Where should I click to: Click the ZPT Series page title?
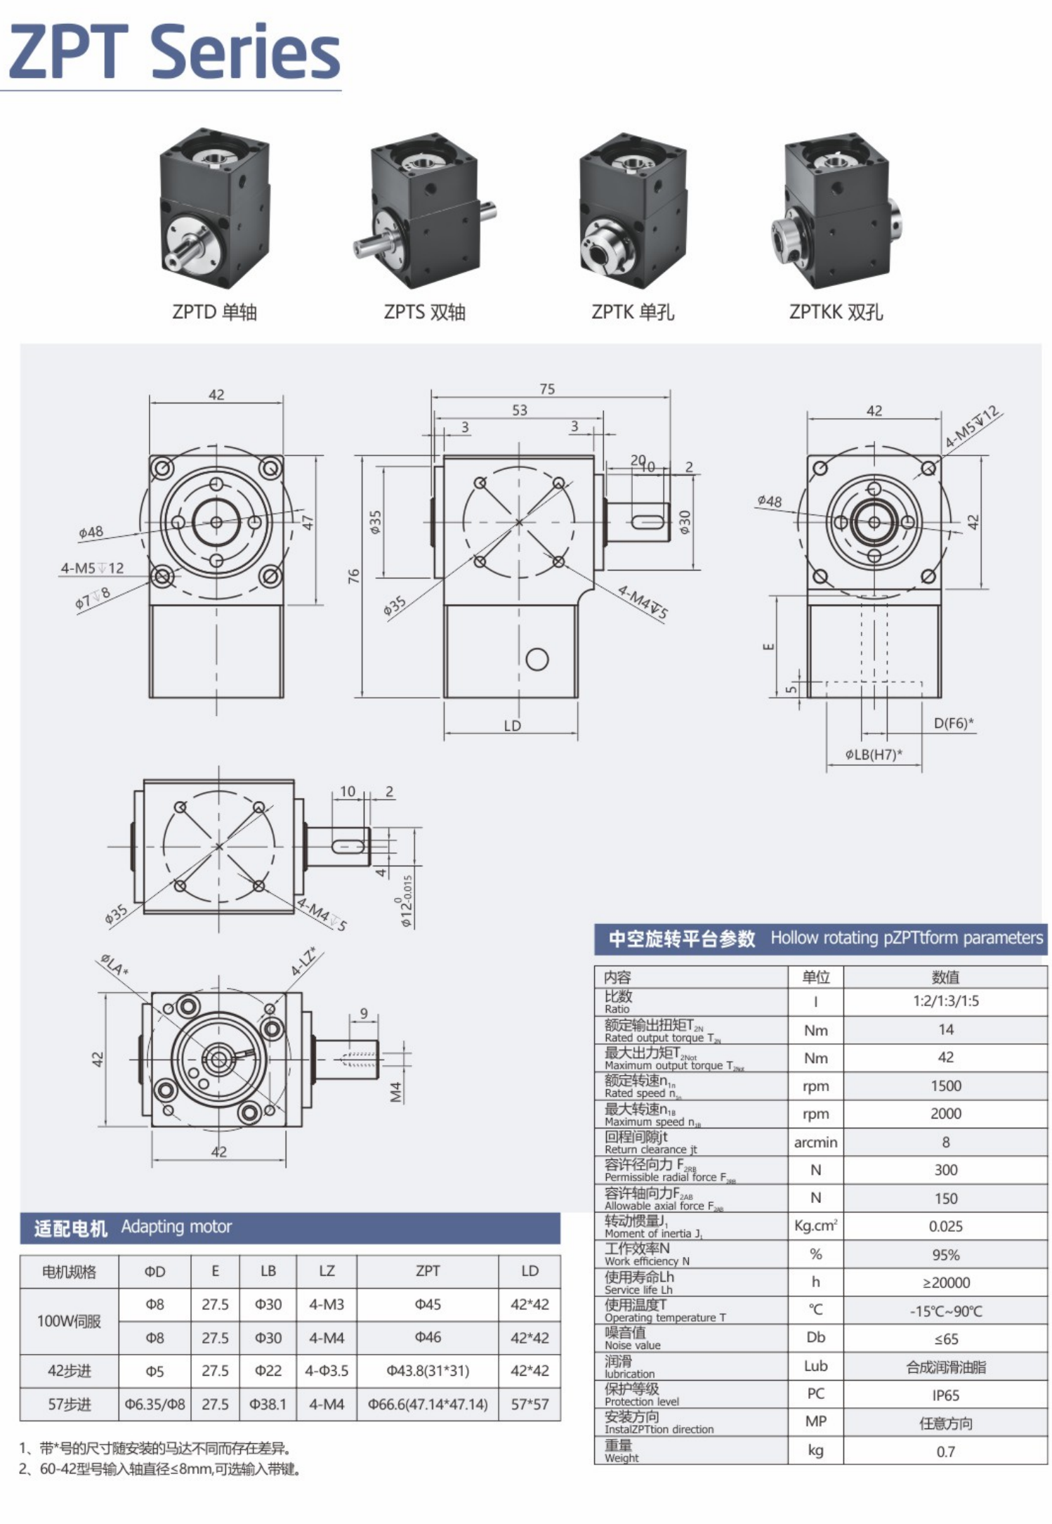click(174, 52)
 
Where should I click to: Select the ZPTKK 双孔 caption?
click(836, 312)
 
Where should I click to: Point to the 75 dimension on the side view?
click(547, 389)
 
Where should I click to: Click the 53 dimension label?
click(519, 410)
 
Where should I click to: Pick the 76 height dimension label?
click(354, 575)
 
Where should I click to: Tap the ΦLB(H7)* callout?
click(874, 755)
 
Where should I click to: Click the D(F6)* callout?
click(953, 723)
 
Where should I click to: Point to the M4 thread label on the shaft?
click(395, 1091)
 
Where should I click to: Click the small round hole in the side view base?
click(537, 659)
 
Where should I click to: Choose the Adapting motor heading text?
click(176, 1227)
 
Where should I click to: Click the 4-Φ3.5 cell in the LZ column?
click(327, 1371)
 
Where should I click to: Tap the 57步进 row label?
click(69, 1405)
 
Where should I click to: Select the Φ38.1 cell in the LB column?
click(268, 1405)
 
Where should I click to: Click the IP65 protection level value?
click(945, 1395)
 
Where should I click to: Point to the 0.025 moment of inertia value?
click(945, 1227)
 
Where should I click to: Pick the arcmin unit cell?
click(815, 1142)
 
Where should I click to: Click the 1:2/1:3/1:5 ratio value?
click(945, 1001)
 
